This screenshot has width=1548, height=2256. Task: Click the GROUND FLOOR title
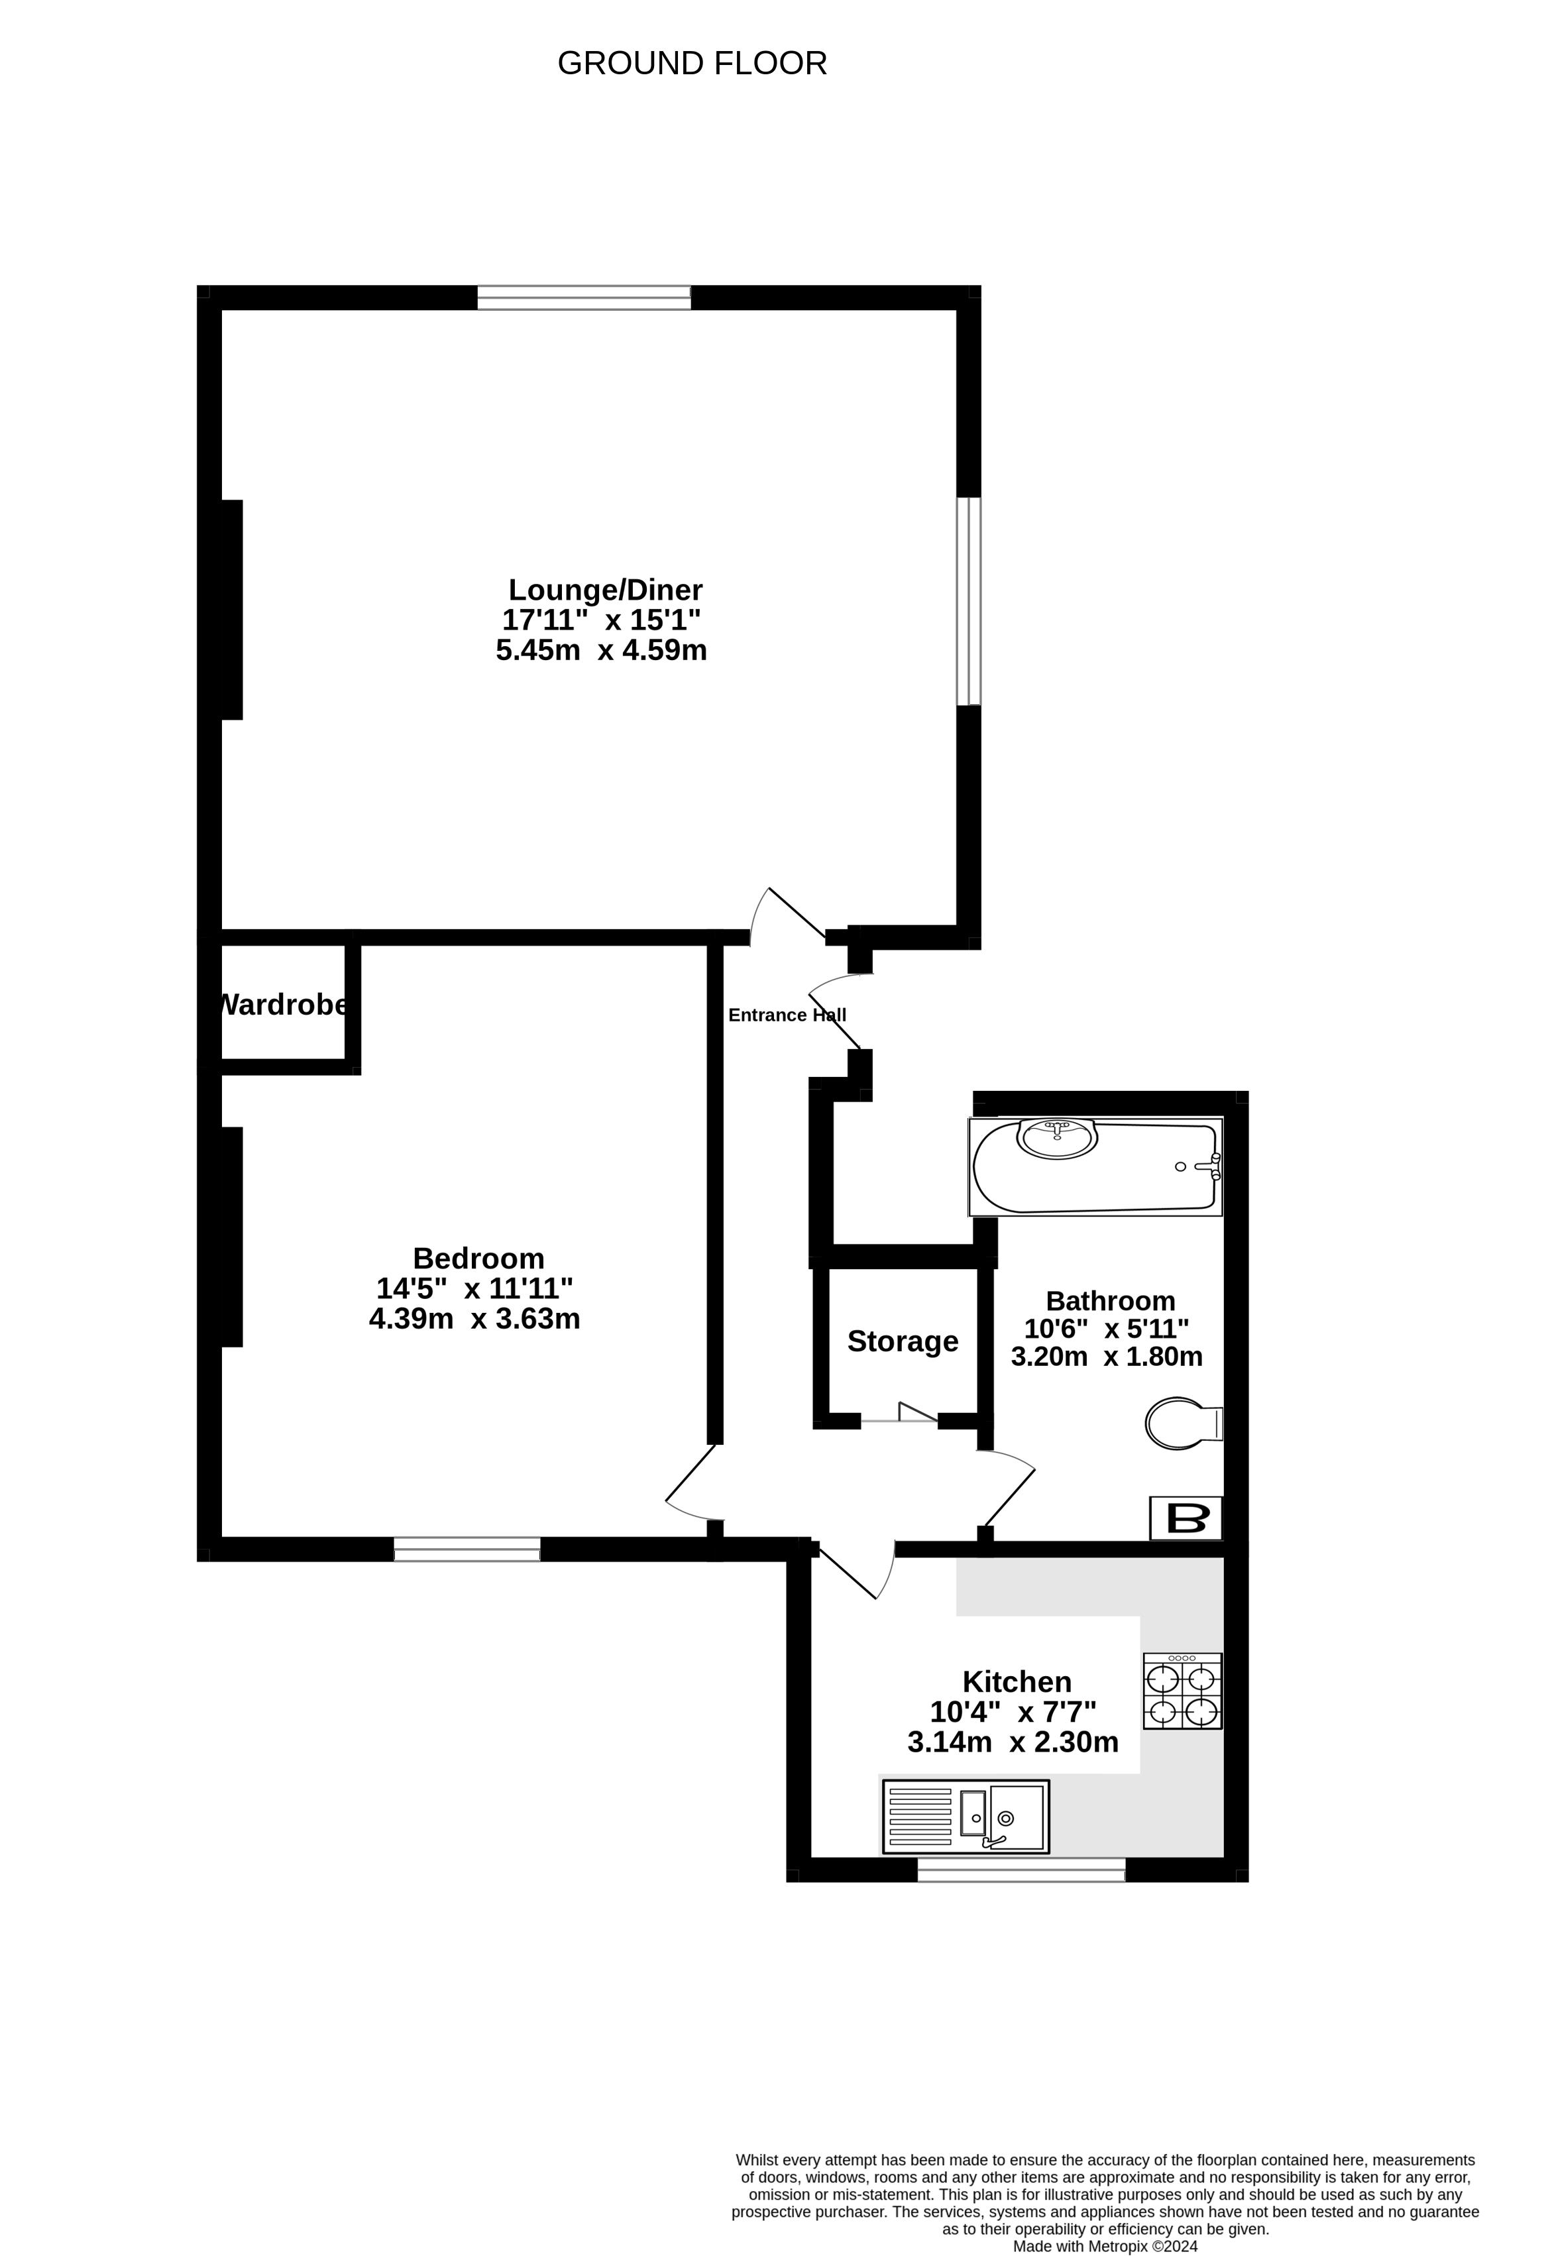pos(692,63)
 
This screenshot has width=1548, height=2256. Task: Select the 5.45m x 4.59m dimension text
pos(602,650)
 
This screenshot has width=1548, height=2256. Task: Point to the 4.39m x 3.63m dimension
pos(474,1318)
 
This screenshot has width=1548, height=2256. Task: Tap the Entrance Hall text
pos(787,1015)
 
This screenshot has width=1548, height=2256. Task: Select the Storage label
pos(903,1341)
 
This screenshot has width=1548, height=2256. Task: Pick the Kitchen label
pos(1017,1681)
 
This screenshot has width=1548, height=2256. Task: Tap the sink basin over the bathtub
pos(1057,1139)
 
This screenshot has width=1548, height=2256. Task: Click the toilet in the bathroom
pos(1183,1423)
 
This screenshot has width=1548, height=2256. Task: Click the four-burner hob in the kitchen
pos(1182,1691)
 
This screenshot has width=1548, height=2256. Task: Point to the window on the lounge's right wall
pos(969,601)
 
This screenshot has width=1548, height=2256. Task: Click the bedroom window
pos(467,1550)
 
